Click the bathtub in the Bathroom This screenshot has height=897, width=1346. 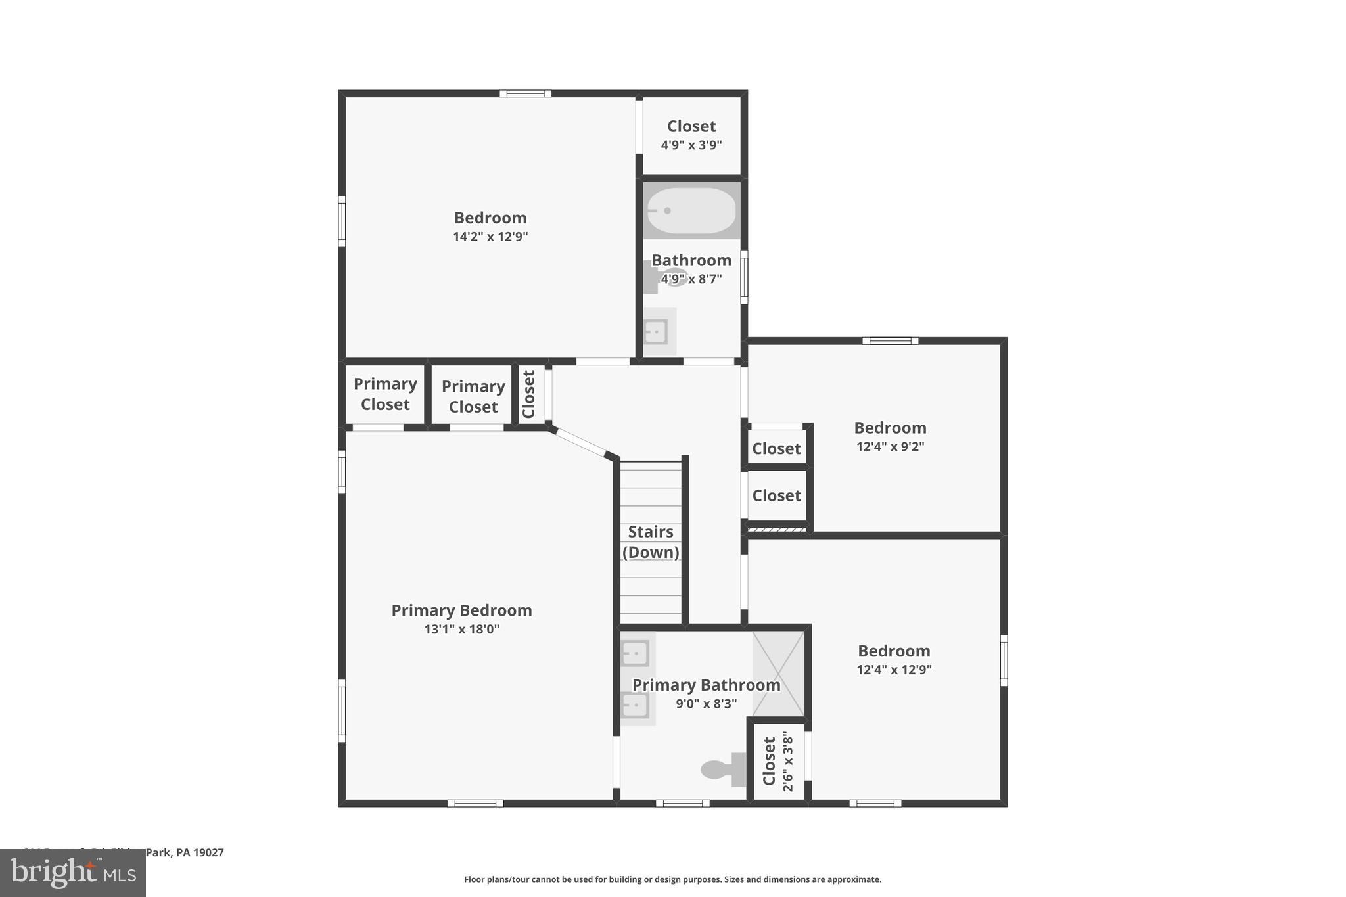(x=691, y=210)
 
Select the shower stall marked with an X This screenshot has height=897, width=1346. (x=778, y=674)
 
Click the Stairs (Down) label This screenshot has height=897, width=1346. (x=651, y=541)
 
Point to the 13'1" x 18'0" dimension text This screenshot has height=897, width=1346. (x=461, y=629)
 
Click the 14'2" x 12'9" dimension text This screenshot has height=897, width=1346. (x=490, y=237)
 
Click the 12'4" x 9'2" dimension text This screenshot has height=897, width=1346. (x=890, y=447)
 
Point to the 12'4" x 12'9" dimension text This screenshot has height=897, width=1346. (x=894, y=670)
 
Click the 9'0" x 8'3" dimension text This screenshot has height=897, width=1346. (x=706, y=704)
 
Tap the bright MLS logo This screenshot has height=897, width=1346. (x=73, y=873)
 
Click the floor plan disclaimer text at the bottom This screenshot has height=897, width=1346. (x=672, y=879)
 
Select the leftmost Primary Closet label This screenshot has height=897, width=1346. (x=385, y=394)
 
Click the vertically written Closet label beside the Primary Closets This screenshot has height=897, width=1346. (x=528, y=394)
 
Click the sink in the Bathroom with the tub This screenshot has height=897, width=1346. (x=656, y=331)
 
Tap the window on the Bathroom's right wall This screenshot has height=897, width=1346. (x=744, y=277)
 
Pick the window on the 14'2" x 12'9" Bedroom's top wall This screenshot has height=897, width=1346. (x=525, y=93)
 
